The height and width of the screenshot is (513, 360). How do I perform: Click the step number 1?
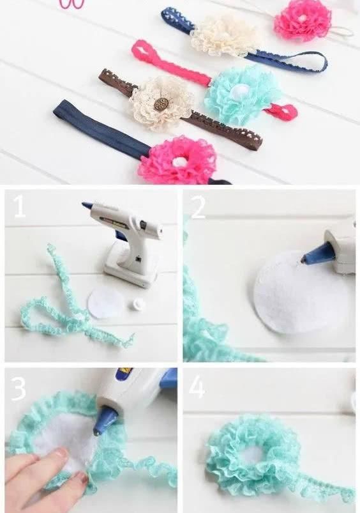point(20,208)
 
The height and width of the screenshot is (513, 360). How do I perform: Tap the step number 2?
point(198,208)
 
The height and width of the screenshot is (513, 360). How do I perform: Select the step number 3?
point(19,388)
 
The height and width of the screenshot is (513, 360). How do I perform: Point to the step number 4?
point(197,387)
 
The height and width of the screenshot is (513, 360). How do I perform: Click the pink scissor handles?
point(71,4)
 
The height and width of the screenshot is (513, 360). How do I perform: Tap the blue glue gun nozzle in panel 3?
point(105,420)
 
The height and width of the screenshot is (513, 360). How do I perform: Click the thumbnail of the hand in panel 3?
point(60,454)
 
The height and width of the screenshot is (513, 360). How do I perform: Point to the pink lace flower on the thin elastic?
point(303,20)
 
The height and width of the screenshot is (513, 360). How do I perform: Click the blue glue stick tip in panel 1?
point(87,206)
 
